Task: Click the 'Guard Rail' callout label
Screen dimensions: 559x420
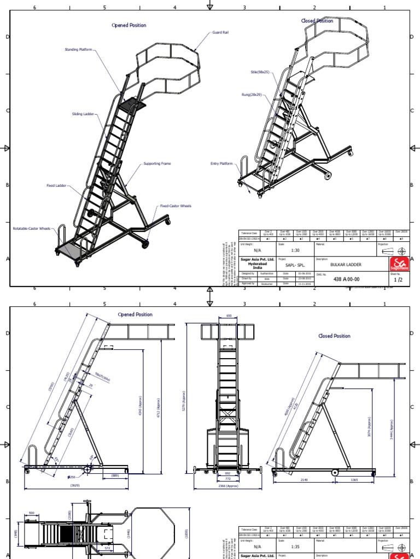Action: (x=220, y=33)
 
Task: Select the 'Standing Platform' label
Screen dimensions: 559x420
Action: (x=79, y=50)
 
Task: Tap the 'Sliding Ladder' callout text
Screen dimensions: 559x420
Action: (x=83, y=114)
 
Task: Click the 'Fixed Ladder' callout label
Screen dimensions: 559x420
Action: (x=56, y=186)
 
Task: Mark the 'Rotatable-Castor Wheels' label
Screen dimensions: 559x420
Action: (x=31, y=228)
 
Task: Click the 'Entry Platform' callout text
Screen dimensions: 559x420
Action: (x=221, y=163)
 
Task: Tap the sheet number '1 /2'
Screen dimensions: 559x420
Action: (x=399, y=279)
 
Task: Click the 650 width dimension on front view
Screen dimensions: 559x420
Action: (x=229, y=316)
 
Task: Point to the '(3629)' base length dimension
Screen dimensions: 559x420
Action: (x=75, y=484)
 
